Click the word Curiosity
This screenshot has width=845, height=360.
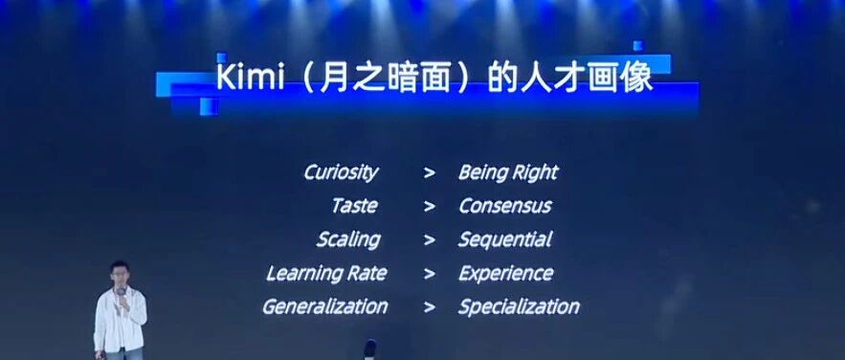click(x=341, y=172)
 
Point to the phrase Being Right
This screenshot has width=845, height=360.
click(x=507, y=172)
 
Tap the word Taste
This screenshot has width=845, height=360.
click(x=354, y=206)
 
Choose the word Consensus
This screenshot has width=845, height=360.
click(x=504, y=206)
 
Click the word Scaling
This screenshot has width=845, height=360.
click(x=347, y=239)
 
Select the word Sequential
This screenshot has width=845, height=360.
click(x=504, y=239)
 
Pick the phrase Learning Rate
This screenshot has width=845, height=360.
click(x=326, y=273)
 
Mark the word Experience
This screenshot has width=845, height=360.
click(x=505, y=273)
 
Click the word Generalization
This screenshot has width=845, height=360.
click(x=324, y=306)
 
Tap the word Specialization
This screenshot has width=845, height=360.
click(x=519, y=306)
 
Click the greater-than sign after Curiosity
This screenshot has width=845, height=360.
click(x=430, y=173)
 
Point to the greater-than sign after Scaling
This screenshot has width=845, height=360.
click(x=430, y=240)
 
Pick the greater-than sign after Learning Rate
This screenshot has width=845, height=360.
click(x=430, y=274)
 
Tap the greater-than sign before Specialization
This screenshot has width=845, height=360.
click(x=430, y=307)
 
